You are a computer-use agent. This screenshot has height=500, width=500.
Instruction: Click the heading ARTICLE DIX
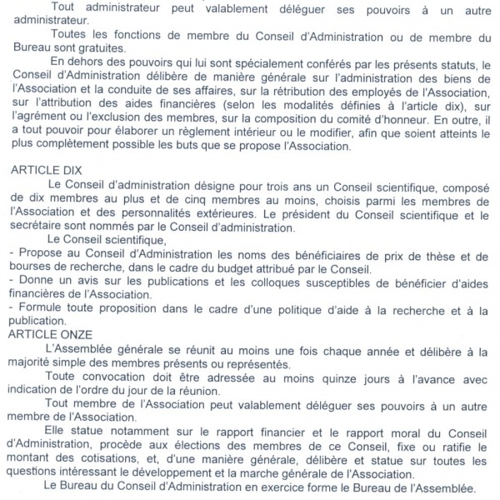pyautogui.click(x=47, y=169)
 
